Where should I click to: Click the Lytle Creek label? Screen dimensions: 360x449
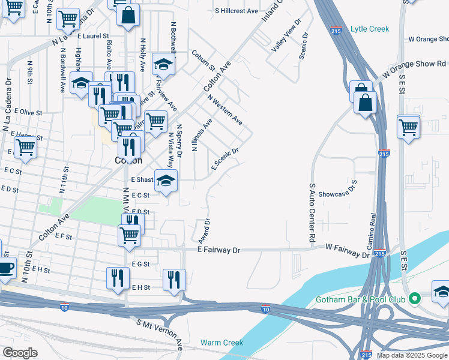tap(370, 29)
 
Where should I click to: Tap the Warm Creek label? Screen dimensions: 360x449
tap(222, 343)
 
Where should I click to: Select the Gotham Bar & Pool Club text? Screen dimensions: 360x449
tap(361, 299)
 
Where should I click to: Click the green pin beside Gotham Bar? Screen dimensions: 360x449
tap(414, 298)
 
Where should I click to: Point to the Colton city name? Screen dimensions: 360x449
tap(128, 160)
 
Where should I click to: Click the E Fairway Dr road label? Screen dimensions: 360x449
tap(218, 250)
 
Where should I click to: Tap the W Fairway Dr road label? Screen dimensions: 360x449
tap(348, 251)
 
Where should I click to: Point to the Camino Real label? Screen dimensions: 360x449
tap(372, 231)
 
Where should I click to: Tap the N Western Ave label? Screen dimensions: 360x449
tap(224, 109)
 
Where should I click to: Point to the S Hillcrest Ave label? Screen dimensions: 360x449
tap(237, 11)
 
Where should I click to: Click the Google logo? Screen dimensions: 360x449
tap(19, 353)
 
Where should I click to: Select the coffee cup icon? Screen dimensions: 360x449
tap(5, 268)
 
